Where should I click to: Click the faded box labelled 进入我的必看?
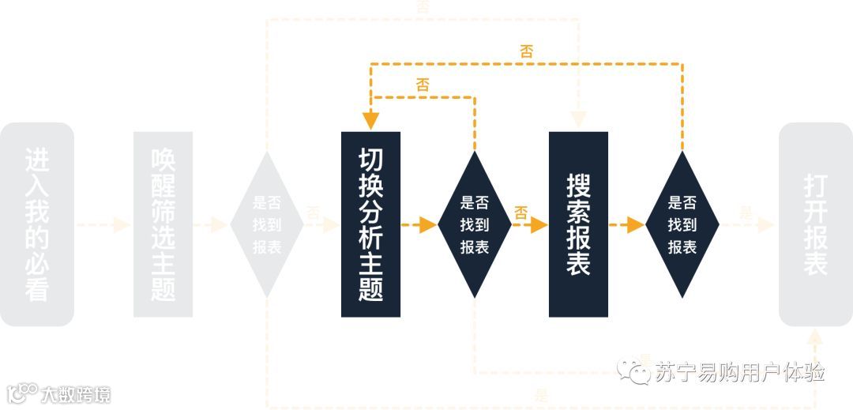(37, 224)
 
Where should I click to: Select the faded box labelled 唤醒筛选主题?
(163, 224)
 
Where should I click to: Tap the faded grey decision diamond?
(267, 224)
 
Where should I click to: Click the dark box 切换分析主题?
(370, 224)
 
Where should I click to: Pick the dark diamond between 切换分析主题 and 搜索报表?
(474, 224)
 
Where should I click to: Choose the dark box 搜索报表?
(578, 224)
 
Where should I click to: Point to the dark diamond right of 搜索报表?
(682, 224)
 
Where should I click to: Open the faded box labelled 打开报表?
(815, 224)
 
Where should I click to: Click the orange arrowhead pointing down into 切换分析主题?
(370, 121)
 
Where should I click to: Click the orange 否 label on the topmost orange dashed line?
(526, 52)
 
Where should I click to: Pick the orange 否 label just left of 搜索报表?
(520, 212)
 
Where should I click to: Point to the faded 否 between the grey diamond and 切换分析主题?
(313, 213)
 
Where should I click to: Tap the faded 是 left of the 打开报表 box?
(746, 213)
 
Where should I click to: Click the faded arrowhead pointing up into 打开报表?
(815, 337)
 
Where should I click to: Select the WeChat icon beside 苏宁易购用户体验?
(633, 371)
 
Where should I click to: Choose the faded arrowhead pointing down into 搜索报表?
(578, 120)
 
